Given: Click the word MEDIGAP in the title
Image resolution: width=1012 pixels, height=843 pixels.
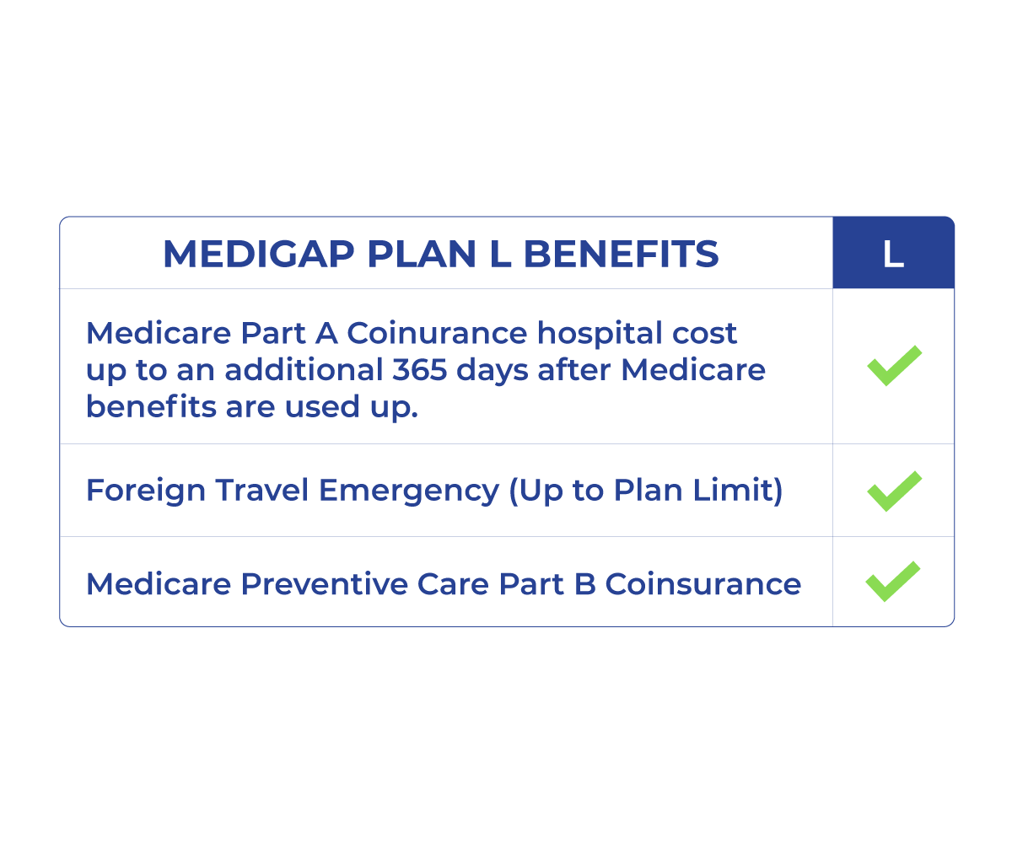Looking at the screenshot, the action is point(259,254).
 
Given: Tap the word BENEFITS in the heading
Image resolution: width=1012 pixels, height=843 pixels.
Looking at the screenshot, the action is point(621,254).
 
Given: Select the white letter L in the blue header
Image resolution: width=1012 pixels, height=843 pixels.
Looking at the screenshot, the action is point(893,254).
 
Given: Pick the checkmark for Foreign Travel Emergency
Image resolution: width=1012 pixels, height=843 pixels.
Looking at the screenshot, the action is point(894,491).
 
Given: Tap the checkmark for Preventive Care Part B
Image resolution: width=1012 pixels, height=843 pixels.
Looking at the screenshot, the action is point(893,582).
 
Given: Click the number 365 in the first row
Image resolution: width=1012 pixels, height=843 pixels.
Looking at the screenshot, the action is point(419,370).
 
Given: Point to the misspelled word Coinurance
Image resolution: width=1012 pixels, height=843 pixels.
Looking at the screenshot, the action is point(437,333).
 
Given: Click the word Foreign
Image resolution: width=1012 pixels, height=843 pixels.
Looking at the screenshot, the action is point(146,491).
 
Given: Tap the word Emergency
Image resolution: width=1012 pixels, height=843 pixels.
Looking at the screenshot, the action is point(408,491).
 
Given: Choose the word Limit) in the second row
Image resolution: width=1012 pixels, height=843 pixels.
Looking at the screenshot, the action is point(738,490).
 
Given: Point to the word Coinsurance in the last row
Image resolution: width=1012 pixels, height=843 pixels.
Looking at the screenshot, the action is point(702,584).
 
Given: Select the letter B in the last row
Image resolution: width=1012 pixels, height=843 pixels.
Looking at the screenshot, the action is point(584,584).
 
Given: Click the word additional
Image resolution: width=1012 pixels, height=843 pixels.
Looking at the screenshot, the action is point(304,370).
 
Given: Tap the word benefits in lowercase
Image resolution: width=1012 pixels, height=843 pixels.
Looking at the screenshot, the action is point(151,406).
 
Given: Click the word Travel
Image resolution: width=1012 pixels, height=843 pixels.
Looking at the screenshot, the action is point(261,490).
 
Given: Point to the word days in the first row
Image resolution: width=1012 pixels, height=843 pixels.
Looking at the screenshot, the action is point(492,371).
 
